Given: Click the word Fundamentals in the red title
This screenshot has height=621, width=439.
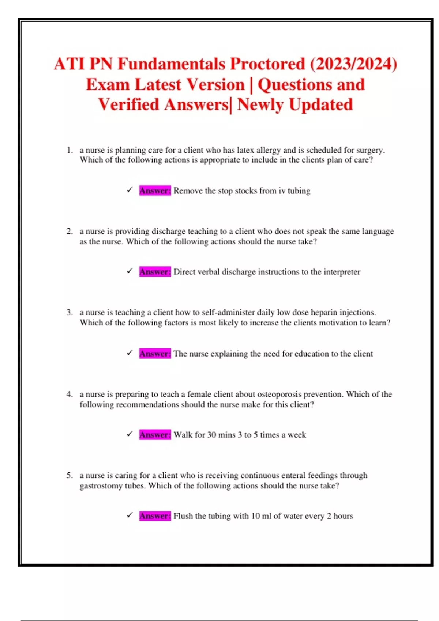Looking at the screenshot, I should (171, 64).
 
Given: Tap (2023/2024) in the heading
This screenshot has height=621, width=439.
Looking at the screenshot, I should (353, 64).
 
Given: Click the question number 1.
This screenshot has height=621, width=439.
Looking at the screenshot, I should (70, 150).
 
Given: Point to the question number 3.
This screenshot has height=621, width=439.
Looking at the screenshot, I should (70, 312).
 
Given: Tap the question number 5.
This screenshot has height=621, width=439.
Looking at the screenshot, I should (70, 475).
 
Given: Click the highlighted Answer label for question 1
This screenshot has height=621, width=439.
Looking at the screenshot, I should (155, 191).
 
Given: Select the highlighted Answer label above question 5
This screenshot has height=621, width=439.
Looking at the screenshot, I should (155, 435).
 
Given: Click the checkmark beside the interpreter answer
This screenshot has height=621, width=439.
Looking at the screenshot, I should (130, 271).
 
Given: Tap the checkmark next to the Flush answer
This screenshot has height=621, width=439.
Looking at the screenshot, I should (130, 515).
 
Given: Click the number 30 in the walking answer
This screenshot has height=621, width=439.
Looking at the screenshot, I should (212, 435).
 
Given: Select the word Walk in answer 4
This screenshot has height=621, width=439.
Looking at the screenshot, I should (183, 435).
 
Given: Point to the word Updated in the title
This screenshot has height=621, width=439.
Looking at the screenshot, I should (321, 105).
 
